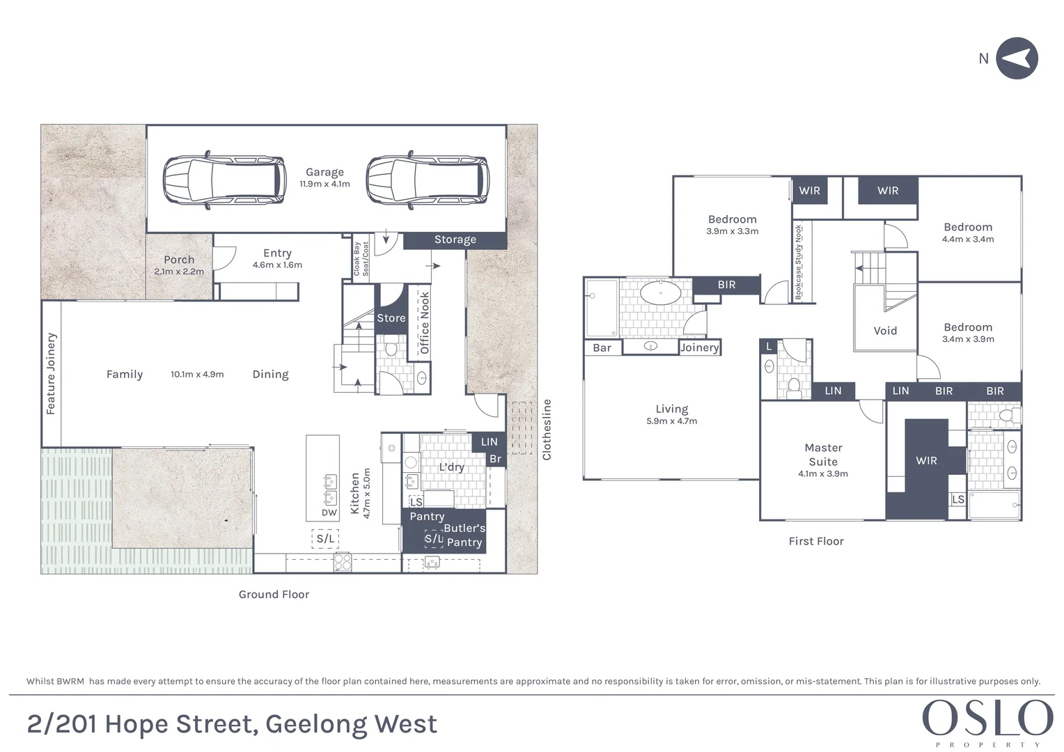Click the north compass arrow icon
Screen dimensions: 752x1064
1017,58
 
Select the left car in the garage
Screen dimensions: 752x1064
224,180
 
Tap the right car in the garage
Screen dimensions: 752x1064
427,180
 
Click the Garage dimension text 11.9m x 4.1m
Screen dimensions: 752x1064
324,185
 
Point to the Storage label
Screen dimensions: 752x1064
455,240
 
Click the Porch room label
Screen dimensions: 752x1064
179,260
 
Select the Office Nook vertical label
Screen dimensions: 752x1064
425,322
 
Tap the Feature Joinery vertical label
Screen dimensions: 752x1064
51,374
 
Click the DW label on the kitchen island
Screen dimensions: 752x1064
329,513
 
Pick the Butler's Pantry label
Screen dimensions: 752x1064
464,535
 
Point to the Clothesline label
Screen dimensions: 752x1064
547,430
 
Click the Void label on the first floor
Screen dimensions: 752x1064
885,331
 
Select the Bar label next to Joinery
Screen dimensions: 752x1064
602,348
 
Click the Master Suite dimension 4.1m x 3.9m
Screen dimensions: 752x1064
823,474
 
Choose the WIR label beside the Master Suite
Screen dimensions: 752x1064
926,460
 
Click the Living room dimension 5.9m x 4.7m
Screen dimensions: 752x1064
671,421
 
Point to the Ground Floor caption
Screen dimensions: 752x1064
274,595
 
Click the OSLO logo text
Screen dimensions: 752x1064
987,718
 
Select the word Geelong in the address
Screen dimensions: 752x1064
316,725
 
